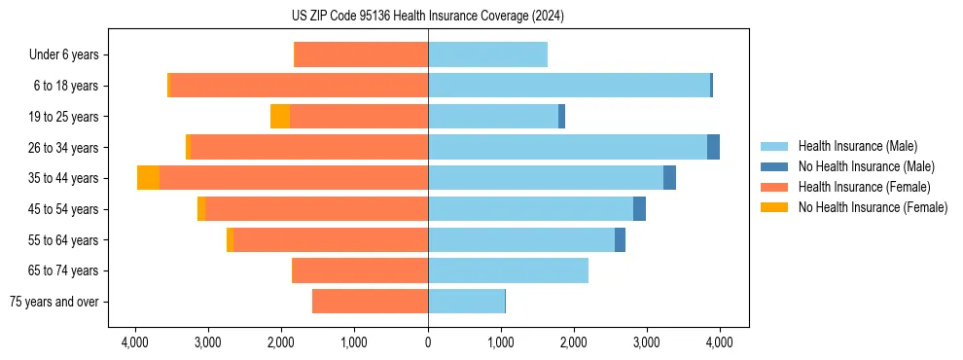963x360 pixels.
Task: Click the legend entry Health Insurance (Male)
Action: [x=857, y=146]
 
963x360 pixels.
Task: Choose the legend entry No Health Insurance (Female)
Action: [x=873, y=207]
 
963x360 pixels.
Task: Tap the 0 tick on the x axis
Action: [x=428, y=342]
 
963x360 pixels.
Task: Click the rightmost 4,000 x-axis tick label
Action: [x=719, y=342]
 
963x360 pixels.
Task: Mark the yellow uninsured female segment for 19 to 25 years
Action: [x=280, y=117]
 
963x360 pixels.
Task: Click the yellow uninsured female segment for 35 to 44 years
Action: [x=148, y=178]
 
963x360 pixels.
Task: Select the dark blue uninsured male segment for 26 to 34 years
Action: [x=713, y=147]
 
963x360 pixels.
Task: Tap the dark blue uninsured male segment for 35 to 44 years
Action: [x=669, y=178]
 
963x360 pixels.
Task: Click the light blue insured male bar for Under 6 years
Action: [x=487, y=54]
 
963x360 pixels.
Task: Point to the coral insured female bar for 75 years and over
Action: [x=370, y=302]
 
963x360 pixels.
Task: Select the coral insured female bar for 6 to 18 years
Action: [x=299, y=86]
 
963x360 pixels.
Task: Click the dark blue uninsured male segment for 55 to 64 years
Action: [x=620, y=239]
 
